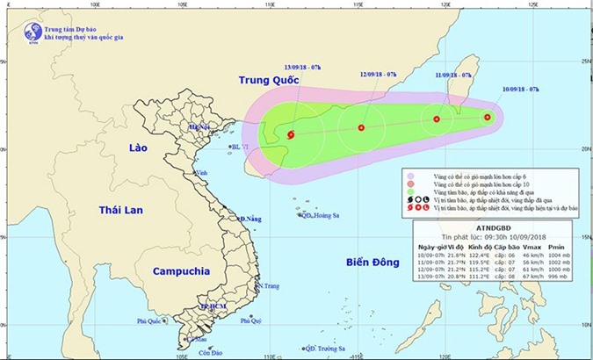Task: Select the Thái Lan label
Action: (119, 210)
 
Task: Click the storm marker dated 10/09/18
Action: (488, 117)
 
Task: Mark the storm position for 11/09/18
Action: (437, 119)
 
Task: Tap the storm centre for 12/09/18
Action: (361, 128)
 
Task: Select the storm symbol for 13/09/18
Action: (291, 134)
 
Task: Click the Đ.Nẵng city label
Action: (251, 219)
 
